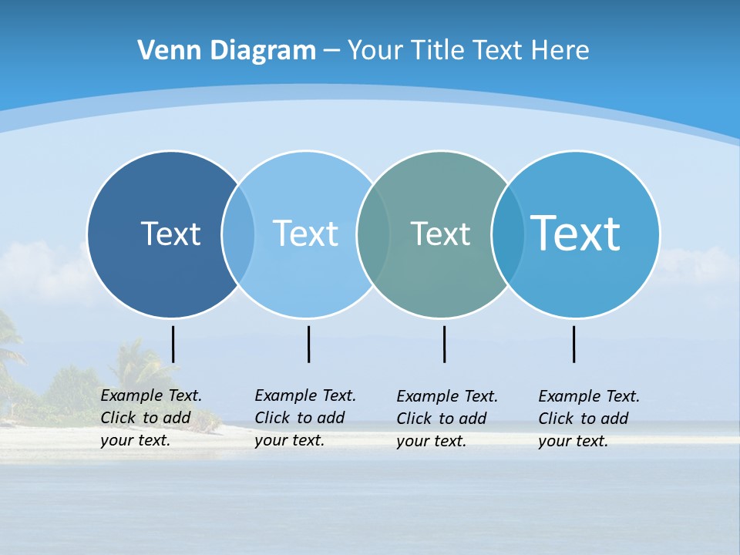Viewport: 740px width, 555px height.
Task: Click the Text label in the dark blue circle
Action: click(170, 234)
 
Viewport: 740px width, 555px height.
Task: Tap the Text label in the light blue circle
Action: click(305, 234)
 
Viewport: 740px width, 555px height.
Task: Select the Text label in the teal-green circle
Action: click(440, 234)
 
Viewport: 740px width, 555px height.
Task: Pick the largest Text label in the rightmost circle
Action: click(576, 234)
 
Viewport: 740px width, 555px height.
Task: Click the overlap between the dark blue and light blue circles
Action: click(238, 234)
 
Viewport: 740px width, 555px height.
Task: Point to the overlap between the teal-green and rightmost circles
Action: click(508, 234)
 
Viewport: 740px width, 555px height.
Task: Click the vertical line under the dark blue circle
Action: click(173, 344)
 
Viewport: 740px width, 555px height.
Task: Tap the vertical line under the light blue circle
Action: click(308, 344)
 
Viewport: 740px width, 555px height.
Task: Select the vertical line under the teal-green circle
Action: click(444, 344)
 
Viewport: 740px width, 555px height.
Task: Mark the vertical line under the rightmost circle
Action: click(573, 344)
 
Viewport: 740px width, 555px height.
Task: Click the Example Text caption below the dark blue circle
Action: click(151, 418)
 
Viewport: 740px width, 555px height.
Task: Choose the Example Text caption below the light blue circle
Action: click(305, 418)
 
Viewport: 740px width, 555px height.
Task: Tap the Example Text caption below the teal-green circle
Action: click(447, 419)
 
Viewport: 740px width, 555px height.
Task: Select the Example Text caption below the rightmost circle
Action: click(589, 419)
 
